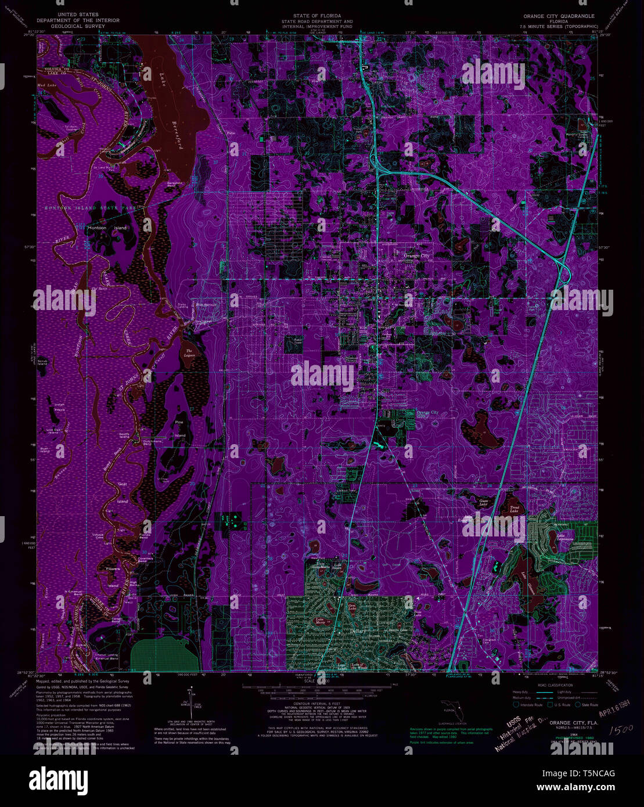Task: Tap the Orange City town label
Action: pos(417,255)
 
